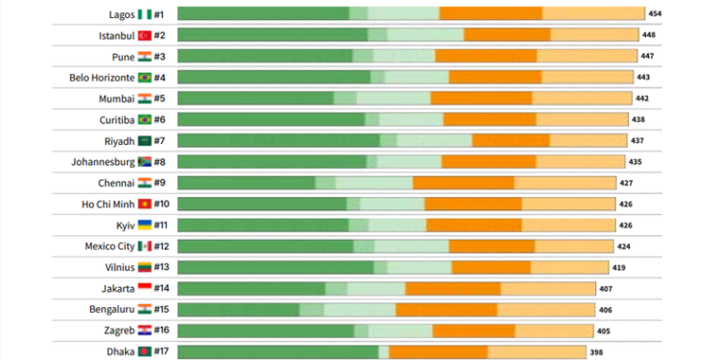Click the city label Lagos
(x=123, y=14)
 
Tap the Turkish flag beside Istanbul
(x=145, y=36)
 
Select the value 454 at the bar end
(x=655, y=14)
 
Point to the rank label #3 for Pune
(x=160, y=57)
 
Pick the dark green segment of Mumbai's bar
(x=255, y=98)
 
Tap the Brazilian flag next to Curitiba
(x=145, y=119)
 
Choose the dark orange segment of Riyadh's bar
(x=510, y=140)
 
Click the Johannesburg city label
(x=104, y=161)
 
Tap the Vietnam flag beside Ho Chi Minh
(x=145, y=204)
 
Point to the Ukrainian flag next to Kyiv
(x=145, y=225)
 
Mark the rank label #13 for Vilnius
(x=162, y=267)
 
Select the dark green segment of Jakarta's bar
(x=252, y=288)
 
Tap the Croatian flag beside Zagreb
(x=145, y=330)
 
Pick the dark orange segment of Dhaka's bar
(x=438, y=351)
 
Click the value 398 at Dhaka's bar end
(x=597, y=352)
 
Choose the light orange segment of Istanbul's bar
(x=595, y=36)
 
